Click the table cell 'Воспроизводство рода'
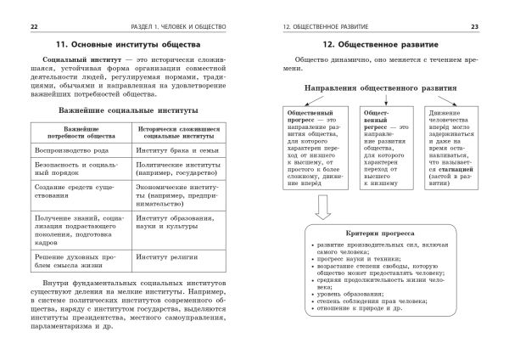click(69, 149)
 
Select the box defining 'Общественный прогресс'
click(316, 142)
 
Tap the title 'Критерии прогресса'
click(378, 231)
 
